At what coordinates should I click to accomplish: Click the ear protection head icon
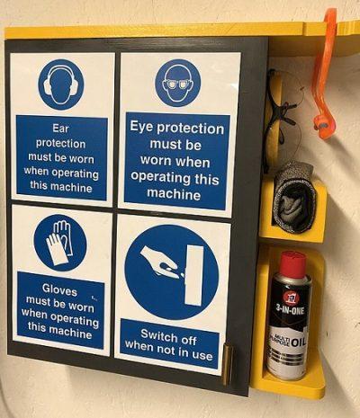coord(60,84)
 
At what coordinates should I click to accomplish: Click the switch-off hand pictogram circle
coord(171,271)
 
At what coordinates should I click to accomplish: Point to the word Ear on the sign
coord(61,128)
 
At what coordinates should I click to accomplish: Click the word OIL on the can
coord(298,342)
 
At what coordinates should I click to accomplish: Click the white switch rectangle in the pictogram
coord(193,271)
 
